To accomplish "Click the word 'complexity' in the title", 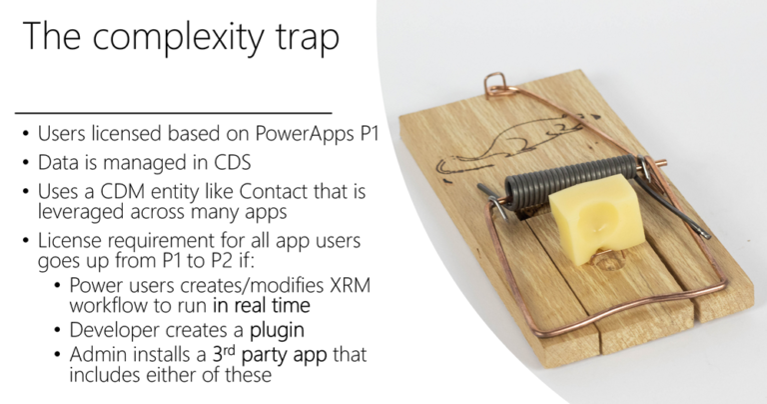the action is [x=178, y=37].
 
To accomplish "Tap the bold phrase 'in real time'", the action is [x=262, y=305].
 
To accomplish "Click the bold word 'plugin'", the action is [x=277, y=331].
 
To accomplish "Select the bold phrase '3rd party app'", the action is [x=270, y=355].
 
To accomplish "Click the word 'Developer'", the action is [x=114, y=331].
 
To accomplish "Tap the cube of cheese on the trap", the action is [x=596, y=218].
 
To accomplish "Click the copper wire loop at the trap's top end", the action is [x=495, y=85].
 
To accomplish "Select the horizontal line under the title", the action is [x=174, y=113].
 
